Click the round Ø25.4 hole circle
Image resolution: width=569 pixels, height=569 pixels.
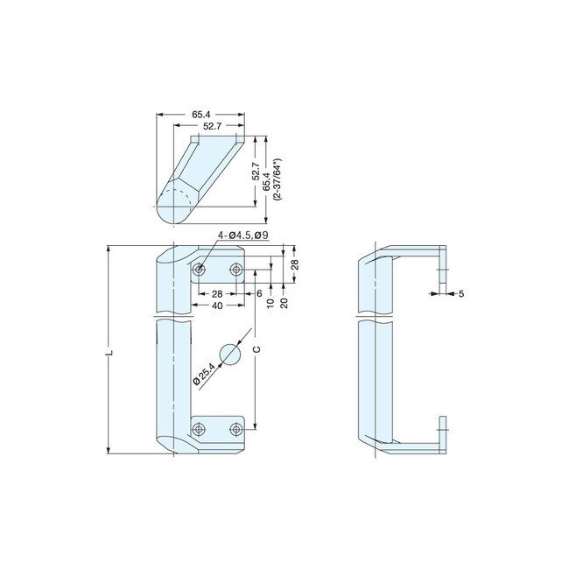[229, 354]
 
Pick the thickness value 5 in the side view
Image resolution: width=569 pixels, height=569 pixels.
[460, 294]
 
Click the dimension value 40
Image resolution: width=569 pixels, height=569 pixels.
[215, 306]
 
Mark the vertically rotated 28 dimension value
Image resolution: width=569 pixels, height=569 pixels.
[295, 263]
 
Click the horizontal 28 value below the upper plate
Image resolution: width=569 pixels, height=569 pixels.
[215, 293]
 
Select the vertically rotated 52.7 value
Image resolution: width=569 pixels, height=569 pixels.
[255, 171]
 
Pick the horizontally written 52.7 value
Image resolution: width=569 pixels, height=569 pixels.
[213, 126]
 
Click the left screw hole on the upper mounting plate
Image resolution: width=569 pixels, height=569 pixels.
[200, 270]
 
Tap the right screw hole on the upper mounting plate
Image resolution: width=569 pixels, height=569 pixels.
[235, 270]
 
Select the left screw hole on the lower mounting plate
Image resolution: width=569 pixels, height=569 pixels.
[200, 428]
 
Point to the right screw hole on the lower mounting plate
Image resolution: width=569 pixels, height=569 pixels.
[235, 428]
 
